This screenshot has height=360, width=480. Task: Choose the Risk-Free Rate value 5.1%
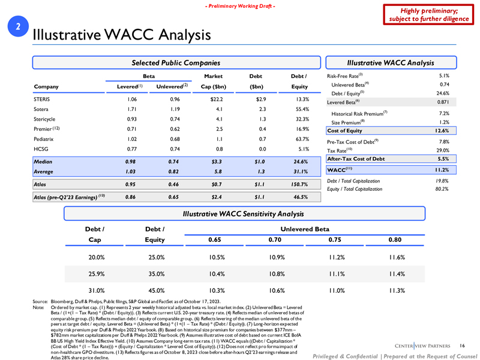tap(444, 76)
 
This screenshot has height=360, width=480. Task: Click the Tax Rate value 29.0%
tap(442, 150)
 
